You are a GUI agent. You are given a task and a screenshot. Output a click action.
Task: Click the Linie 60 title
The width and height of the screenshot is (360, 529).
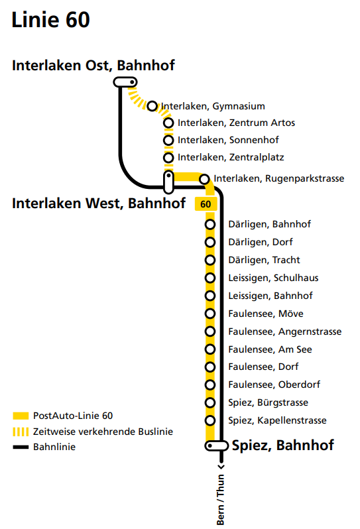[50, 20]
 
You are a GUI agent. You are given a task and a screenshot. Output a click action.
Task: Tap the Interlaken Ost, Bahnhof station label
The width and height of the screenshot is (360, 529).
[93, 66]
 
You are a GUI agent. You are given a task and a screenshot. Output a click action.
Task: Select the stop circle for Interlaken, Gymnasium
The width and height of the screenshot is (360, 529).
[152, 106]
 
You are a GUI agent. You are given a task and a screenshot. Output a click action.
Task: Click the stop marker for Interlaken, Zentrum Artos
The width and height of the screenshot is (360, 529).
[168, 123]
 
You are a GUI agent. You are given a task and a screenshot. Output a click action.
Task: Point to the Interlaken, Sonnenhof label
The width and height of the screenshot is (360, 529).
[228, 140]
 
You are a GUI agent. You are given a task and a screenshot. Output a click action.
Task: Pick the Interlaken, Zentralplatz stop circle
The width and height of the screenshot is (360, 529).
[168, 158]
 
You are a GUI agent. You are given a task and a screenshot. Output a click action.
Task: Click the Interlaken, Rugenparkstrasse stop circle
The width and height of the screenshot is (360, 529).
[204, 179]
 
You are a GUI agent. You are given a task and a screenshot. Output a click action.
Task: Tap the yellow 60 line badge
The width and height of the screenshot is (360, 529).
[206, 204]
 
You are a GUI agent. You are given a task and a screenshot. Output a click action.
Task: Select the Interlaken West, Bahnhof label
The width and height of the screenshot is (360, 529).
[99, 204]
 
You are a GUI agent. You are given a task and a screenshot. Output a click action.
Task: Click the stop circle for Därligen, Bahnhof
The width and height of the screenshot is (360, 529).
[210, 224]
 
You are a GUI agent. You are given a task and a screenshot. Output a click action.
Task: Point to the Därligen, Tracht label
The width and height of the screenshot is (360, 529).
[264, 260]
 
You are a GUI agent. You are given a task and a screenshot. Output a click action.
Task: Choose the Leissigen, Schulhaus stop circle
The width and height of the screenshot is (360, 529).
[210, 278]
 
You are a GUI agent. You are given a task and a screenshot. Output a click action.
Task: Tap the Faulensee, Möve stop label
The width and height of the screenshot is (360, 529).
[266, 314]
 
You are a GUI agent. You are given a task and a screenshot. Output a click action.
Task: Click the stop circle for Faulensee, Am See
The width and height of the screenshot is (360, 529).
[210, 349]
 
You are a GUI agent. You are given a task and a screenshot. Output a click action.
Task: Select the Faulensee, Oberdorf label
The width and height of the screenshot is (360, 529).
[274, 384]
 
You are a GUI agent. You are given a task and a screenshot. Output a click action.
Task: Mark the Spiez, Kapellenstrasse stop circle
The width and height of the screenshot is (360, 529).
[210, 420]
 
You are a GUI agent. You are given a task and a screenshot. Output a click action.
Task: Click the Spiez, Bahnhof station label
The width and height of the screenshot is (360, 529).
[282, 445]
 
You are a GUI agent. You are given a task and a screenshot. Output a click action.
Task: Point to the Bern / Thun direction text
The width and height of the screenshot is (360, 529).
[220, 500]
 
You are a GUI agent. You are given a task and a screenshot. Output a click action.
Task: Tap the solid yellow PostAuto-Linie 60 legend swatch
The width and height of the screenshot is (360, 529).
[21, 416]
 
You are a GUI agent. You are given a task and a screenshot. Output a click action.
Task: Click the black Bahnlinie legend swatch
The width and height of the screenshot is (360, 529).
[21, 447]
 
